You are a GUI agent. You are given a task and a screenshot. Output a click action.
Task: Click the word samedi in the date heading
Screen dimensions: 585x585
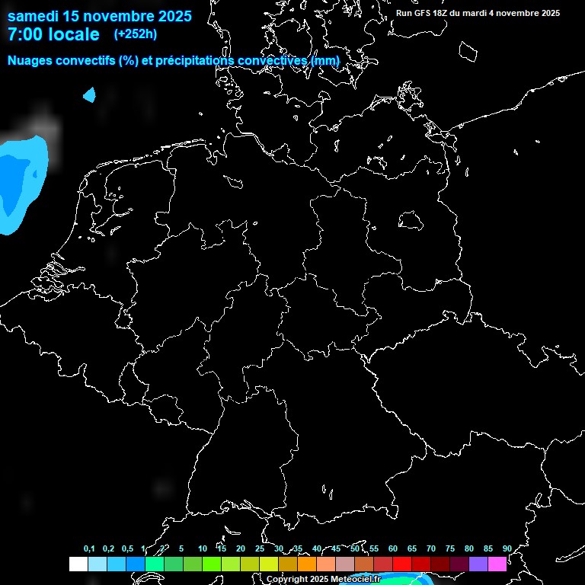pos(33,15)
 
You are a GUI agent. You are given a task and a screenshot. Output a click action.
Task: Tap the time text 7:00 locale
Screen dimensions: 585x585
pos(53,34)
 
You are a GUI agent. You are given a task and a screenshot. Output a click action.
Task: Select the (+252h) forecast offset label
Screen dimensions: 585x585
pos(136,34)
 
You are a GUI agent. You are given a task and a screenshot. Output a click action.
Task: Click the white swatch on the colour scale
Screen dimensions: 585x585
pos(78,564)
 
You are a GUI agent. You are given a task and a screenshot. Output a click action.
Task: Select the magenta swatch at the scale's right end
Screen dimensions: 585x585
pos(497,564)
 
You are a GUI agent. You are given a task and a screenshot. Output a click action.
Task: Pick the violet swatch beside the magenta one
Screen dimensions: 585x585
pos(478,564)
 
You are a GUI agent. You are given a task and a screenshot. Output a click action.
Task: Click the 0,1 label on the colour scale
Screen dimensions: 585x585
pos(89,549)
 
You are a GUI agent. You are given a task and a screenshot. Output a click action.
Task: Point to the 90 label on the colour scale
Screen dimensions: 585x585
pos(507,549)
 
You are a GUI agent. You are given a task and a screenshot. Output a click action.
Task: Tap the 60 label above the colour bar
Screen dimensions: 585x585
pos(392,549)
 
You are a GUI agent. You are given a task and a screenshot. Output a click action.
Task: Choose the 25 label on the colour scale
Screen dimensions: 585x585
pos(259,549)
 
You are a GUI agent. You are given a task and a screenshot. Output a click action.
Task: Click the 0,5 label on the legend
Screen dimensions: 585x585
pos(127,549)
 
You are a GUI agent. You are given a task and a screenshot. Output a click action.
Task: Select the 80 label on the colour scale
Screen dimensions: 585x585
pos(468,549)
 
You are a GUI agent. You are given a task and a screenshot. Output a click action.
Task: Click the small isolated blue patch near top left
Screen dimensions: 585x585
pos(90,95)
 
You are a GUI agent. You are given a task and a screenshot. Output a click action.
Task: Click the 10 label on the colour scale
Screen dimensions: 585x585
pos(202,549)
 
